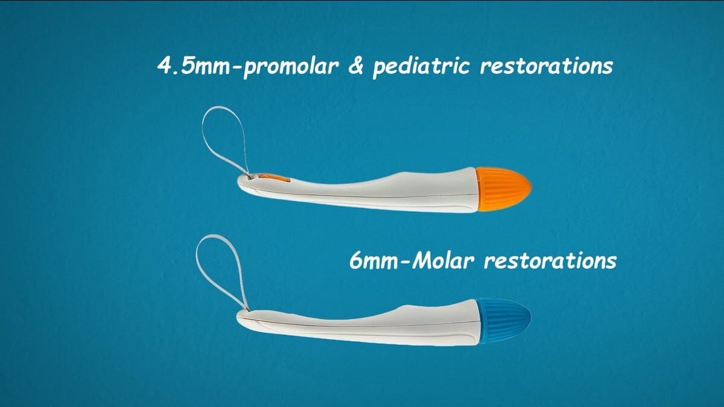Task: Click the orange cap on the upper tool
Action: click(502, 189)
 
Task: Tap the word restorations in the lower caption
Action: click(550, 262)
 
